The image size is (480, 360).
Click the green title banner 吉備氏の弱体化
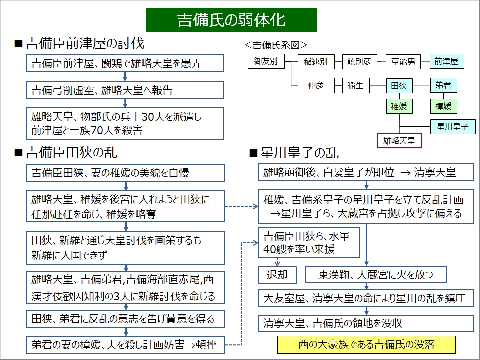[x=231, y=20]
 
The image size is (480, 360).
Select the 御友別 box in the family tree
[x=265, y=61]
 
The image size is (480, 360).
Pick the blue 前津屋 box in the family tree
[x=446, y=61]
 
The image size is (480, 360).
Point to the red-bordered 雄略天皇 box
[x=399, y=140]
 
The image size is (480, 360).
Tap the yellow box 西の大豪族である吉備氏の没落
[x=366, y=345]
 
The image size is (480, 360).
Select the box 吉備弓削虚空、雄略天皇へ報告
[x=125, y=90]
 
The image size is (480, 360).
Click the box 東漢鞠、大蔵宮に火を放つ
[x=375, y=275]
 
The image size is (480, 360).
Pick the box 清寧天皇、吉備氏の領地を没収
[x=366, y=323]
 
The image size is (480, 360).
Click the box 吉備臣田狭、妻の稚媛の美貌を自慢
[x=125, y=173]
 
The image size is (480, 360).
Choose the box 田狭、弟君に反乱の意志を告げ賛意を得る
[x=125, y=318]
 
